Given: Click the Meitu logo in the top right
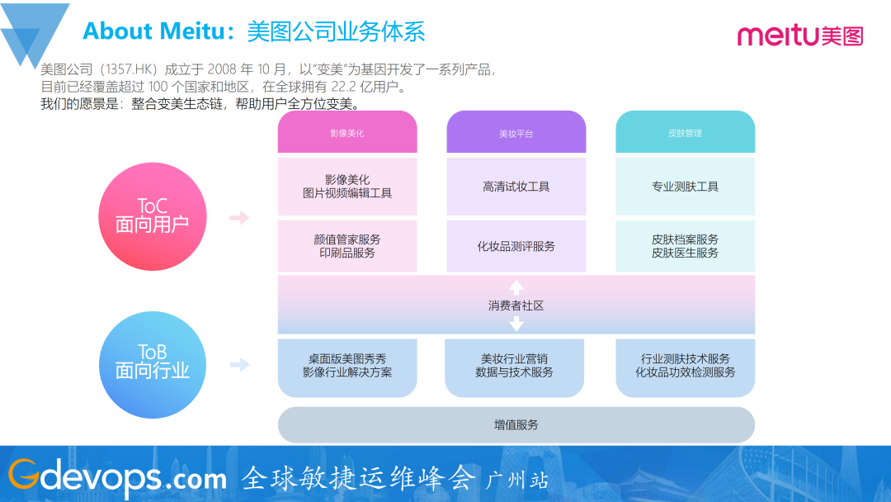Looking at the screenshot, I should click(x=799, y=35).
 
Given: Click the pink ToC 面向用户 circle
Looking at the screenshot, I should click(x=152, y=216).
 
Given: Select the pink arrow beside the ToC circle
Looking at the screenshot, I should click(x=238, y=218).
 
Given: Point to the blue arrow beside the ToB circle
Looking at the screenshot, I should click(x=238, y=364).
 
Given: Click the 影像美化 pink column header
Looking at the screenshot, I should click(x=347, y=132).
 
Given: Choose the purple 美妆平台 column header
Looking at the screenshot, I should click(x=516, y=132).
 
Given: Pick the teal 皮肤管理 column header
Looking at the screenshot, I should click(x=685, y=132).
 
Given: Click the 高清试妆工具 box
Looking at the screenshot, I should click(x=516, y=187).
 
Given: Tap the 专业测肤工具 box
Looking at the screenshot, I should click(x=685, y=187).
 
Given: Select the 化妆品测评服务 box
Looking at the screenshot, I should click(x=516, y=246).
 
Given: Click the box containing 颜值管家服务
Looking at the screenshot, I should click(x=347, y=246).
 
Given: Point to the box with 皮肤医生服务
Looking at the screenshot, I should click(x=685, y=246).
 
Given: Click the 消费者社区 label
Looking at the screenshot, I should click(x=516, y=305).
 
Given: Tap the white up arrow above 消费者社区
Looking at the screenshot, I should click(x=516, y=287).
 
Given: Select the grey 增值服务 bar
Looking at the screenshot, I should click(x=516, y=424).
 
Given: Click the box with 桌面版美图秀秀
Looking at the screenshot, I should click(x=347, y=366).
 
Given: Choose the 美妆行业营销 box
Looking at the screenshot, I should click(x=516, y=366).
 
